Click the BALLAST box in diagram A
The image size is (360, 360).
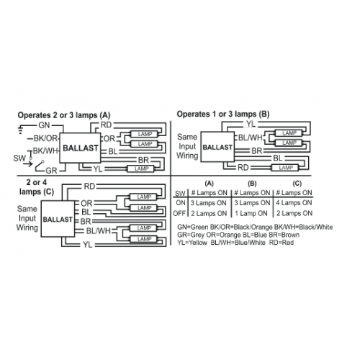(x=80, y=148)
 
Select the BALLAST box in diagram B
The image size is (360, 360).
(x=217, y=147)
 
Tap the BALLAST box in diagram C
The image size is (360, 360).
(x=58, y=219)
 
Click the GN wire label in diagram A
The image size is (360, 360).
(x=44, y=125)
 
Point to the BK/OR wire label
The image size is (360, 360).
(x=45, y=138)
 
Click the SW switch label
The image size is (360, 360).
(x=19, y=158)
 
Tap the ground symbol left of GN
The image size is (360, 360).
(x=21, y=130)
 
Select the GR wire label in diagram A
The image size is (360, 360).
(x=51, y=171)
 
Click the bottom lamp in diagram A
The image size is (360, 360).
(x=142, y=168)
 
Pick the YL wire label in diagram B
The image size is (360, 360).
(x=251, y=124)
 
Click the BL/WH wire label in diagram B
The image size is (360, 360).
(x=251, y=138)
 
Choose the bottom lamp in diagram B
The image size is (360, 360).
(x=286, y=168)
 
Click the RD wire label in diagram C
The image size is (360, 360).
(x=89, y=186)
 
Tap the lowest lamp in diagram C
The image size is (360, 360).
(x=144, y=239)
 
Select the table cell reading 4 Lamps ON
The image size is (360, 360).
(x=294, y=203)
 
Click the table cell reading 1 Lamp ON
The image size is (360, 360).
(x=251, y=213)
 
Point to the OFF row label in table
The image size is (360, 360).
(x=179, y=213)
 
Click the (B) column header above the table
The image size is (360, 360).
(x=252, y=184)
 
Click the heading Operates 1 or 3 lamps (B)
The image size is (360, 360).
(x=223, y=114)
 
